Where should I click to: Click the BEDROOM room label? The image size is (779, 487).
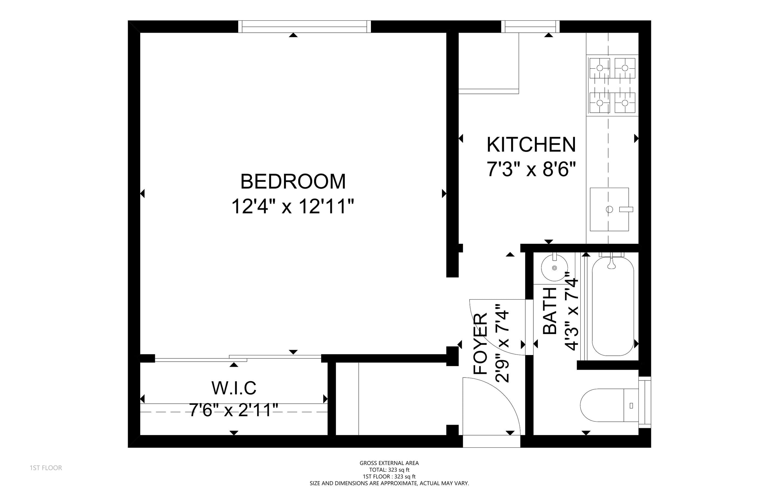[293, 182]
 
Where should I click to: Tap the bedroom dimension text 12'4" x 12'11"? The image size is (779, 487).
[293, 206]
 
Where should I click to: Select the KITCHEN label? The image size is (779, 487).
[531, 145]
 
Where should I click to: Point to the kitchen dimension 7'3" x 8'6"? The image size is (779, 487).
[531, 169]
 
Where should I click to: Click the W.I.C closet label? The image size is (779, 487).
[234, 388]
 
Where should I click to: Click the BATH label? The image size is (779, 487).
[550, 311]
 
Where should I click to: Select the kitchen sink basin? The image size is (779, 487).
[609, 209]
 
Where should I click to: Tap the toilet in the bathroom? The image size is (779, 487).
[609, 405]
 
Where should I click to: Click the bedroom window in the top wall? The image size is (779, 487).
[304, 26]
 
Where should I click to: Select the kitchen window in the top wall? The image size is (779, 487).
[530, 26]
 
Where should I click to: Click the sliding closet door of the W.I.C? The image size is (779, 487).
[238, 358]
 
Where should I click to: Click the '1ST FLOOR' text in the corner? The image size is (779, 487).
[46, 468]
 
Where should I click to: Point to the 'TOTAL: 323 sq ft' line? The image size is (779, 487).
[389, 470]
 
